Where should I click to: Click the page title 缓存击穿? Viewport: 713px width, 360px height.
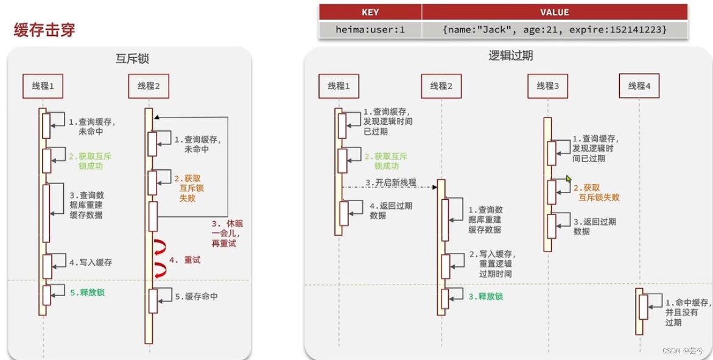44,30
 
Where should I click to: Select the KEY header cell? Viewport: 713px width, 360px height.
370,12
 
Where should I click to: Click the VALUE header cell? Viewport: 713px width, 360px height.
555,12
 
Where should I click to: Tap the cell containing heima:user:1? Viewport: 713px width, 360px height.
370,29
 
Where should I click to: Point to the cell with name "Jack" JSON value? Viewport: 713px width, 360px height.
555,29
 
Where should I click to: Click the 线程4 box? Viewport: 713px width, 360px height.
639,86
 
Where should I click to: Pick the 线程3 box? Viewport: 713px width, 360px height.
547,86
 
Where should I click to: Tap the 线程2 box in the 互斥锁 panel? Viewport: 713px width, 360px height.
148,86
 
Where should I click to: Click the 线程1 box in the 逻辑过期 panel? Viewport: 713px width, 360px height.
339,86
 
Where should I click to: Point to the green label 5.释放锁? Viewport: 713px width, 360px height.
90,293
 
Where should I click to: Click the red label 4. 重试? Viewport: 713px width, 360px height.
184,260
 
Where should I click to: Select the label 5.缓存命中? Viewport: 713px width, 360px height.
196,297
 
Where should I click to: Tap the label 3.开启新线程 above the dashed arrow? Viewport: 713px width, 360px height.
391,183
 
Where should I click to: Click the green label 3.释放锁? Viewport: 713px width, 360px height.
485,297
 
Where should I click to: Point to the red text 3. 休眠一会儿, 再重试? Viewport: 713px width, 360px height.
223,233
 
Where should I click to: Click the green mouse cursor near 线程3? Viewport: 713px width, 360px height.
569,179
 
